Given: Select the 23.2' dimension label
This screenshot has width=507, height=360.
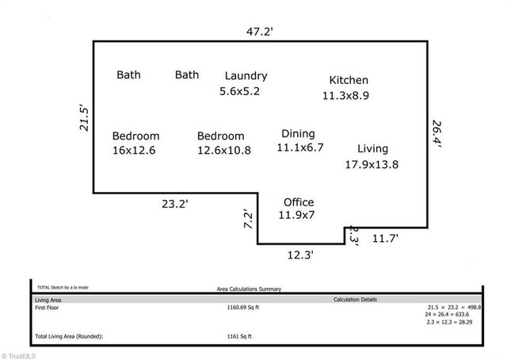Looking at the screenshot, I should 175,204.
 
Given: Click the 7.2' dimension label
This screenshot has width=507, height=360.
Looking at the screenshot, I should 246,220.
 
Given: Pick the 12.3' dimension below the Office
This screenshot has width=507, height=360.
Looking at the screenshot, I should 300,255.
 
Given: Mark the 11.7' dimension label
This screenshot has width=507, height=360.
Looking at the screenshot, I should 386,238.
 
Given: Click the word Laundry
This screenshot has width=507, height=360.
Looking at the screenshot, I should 246,76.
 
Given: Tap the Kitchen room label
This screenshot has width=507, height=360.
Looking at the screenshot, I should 349,80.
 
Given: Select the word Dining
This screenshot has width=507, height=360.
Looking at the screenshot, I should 298,133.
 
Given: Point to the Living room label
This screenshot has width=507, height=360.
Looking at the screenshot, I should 372,148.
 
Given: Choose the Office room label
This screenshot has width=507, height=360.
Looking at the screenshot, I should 299,202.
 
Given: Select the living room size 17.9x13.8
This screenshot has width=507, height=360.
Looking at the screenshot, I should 371,164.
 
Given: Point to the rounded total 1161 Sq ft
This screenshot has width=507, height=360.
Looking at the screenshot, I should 238,337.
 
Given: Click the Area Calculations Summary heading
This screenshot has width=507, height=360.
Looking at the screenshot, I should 249,290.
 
